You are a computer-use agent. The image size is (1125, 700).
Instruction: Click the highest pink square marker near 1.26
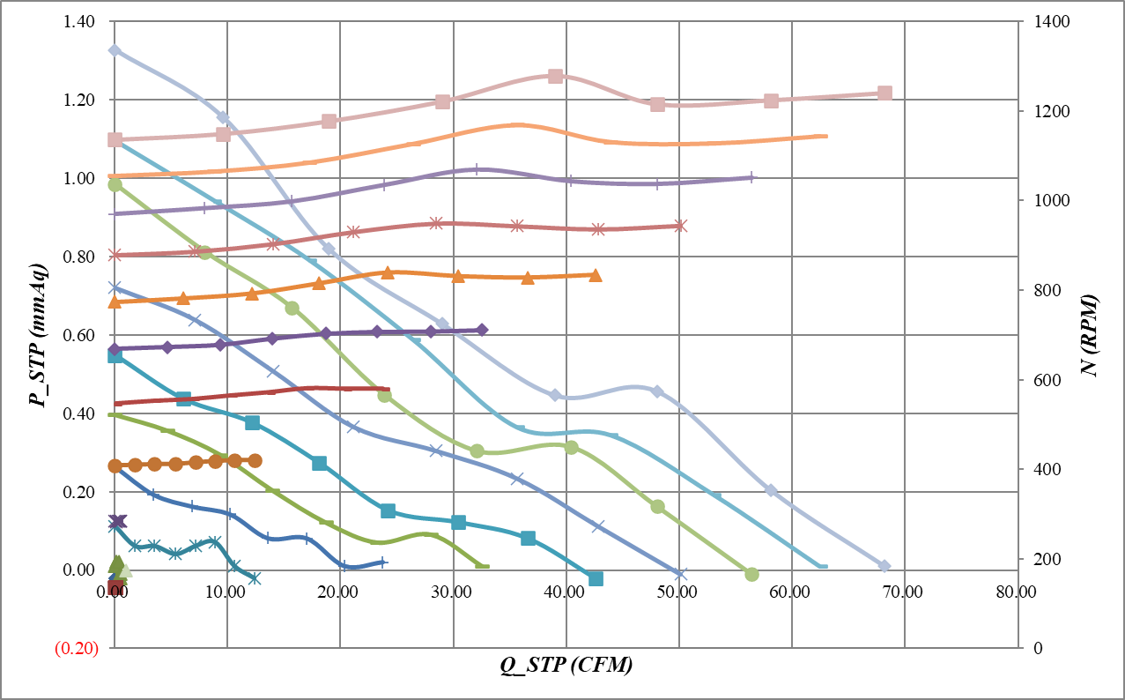[x=555, y=77]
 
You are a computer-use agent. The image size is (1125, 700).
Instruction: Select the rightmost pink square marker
[x=884, y=93]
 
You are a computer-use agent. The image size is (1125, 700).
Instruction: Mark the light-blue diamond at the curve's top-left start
[x=115, y=50]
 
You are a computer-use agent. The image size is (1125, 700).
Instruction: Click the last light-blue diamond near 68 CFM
[x=884, y=566]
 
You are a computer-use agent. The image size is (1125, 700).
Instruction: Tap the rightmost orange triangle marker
[x=595, y=275]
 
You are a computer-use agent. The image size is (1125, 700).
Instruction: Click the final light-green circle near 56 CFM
[x=751, y=574]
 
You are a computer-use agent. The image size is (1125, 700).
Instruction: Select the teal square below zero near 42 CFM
[x=596, y=578]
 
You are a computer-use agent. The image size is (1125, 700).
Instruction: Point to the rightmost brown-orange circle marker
[x=255, y=460]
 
